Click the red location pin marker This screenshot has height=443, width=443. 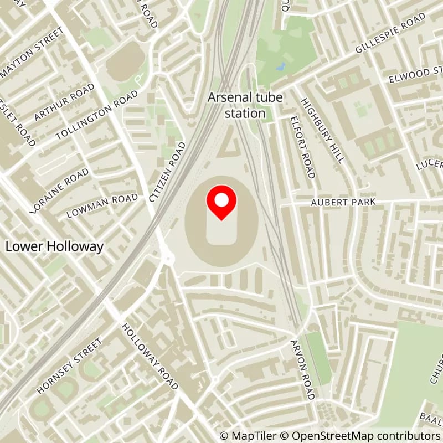coord(221,203)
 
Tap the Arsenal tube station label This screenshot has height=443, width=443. coord(245,105)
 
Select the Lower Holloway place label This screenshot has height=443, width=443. coord(54,246)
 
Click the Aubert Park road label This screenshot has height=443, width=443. coord(343,203)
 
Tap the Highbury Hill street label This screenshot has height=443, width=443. coord(323,130)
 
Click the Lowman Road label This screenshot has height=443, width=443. coord(102,205)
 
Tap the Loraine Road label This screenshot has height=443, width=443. coord(61,188)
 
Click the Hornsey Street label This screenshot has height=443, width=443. coord(69,365)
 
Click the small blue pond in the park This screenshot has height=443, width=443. coord(280,67)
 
